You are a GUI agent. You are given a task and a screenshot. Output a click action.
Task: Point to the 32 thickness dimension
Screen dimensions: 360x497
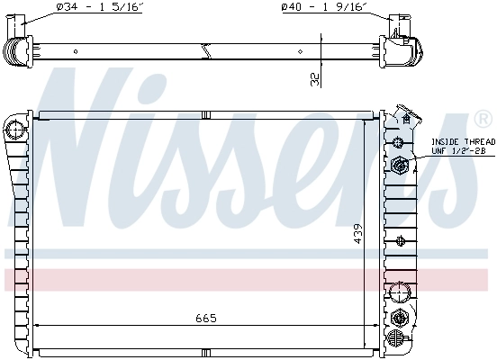point(313,80)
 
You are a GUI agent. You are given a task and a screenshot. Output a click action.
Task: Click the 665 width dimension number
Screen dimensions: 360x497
point(206,318)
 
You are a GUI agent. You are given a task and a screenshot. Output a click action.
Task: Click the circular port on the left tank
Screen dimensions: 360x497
point(14,130)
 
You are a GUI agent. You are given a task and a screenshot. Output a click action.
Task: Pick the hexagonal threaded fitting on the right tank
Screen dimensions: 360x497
point(398,164)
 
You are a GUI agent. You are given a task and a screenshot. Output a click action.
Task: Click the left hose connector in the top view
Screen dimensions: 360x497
point(18,41)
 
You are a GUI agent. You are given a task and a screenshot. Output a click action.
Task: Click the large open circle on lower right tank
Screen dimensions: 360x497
point(397,292)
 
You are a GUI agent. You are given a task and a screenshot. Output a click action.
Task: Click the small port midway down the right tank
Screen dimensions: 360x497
point(398,239)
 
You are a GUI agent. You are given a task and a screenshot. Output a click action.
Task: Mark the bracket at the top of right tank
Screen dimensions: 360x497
point(409,117)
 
